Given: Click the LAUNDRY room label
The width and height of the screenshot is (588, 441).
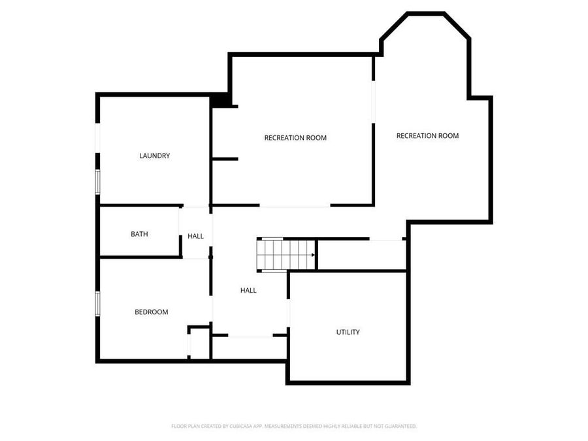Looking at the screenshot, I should tap(155, 155).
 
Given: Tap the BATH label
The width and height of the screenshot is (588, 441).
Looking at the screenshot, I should tap(139, 234).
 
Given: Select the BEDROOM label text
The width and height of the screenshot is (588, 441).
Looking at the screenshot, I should tap(152, 312).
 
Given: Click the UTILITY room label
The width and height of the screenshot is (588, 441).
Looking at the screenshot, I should tap(348, 332).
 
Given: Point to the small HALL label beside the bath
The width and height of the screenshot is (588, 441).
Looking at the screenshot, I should tap(196, 236).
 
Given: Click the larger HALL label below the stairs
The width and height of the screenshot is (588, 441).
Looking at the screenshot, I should tap(248, 290).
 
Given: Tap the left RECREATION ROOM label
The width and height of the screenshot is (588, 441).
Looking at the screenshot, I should tap(295, 138).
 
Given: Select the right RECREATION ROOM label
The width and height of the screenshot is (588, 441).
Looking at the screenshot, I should tap(427, 136).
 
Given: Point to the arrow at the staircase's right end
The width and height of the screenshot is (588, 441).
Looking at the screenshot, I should tap(314, 254).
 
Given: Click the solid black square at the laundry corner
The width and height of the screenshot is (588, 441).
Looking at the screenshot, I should tap(220, 101).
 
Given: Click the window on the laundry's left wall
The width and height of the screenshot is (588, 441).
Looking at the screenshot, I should tap(97, 182).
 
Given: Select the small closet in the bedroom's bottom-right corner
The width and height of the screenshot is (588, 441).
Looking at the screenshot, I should tap(199, 342).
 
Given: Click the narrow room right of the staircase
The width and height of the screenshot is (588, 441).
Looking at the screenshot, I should tap(361, 254).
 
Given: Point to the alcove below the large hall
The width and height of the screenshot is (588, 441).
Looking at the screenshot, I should tap(249, 348).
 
